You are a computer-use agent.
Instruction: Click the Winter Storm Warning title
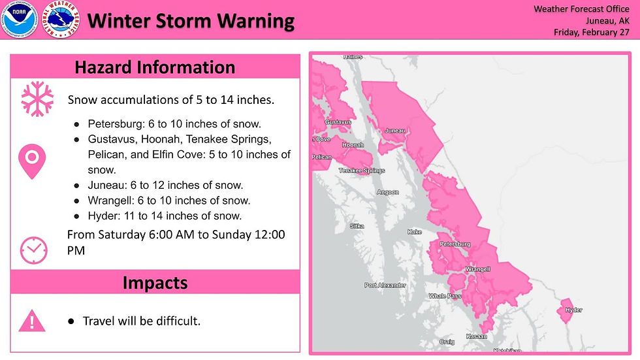(x=191, y=21)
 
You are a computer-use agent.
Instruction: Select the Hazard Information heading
(x=155, y=67)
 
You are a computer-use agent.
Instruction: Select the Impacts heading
(x=155, y=282)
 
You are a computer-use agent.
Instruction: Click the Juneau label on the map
(x=396, y=131)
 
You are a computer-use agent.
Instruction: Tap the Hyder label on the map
(x=573, y=310)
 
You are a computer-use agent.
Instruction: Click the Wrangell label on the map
(x=477, y=269)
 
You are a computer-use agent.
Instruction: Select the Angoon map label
(x=387, y=192)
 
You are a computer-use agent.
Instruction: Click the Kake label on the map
(x=415, y=232)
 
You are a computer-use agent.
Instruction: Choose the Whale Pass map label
(x=445, y=296)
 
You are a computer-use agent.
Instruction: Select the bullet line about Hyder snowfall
(x=165, y=216)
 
